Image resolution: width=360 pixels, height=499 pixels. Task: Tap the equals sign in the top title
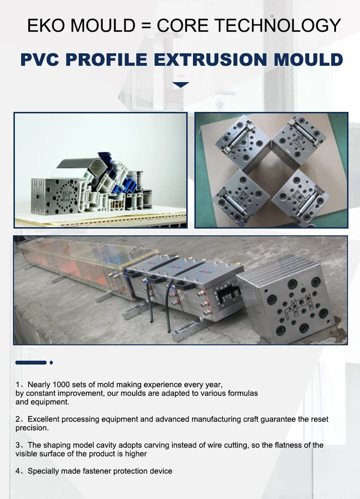point(145,25)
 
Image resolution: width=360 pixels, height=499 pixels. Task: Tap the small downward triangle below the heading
point(180,85)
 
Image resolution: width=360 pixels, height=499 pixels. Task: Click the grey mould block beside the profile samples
point(51,195)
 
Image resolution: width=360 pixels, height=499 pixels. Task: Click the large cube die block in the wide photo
point(289,300)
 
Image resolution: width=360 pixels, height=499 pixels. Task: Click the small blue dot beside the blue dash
point(51,363)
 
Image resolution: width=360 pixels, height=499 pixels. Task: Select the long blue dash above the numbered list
point(31,363)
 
